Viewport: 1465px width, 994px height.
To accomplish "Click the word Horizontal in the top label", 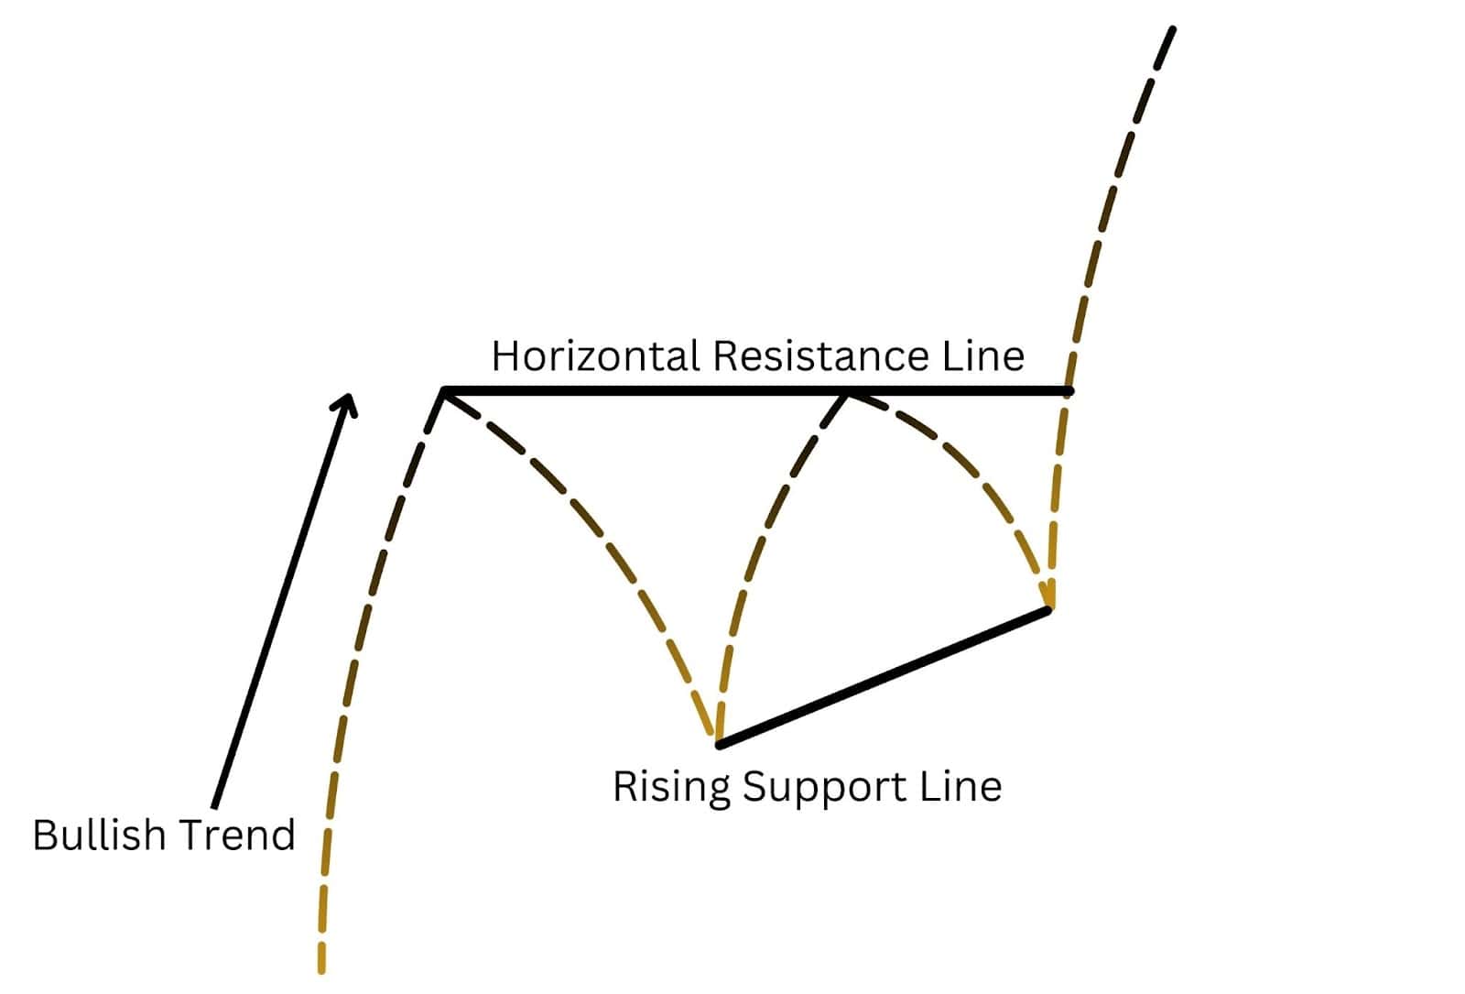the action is click(596, 356).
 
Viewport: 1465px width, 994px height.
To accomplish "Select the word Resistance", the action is click(820, 356).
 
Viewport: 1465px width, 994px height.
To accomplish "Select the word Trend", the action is click(237, 836).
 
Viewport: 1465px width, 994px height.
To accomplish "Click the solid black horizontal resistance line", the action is click(757, 391).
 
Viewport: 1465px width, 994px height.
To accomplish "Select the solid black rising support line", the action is click(884, 677).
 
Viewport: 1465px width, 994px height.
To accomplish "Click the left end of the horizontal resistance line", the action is click(444, 391).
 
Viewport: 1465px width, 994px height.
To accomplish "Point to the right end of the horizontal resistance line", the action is click(1070, 391).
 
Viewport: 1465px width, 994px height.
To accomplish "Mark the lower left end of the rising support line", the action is click(719, 745).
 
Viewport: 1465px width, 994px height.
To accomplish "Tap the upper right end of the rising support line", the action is click(1047, 610).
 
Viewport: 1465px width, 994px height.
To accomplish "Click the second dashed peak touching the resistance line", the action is click(846, 395).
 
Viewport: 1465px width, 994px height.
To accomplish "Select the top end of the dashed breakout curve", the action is click(1173, 29).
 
